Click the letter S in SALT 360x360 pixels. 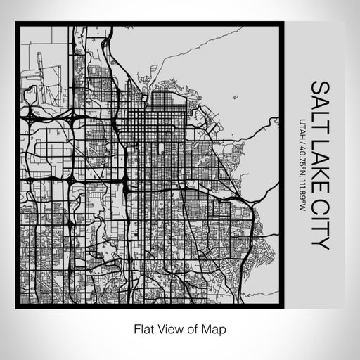[319, 86]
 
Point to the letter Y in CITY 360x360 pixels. [319, 243]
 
